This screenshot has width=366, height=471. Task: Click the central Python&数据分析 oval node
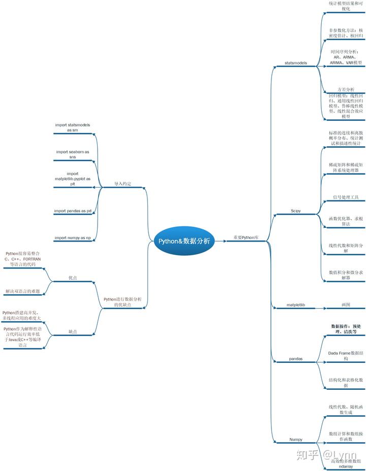pos(184,241)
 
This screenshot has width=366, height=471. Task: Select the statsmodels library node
pos(295,63)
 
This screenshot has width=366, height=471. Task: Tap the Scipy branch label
pos(295,211)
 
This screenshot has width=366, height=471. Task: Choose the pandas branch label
pos(295,358)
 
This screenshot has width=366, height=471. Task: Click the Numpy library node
pos(295,439)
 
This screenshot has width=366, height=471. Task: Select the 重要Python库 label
pos(246,237)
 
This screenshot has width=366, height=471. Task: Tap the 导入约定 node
pos(123,184)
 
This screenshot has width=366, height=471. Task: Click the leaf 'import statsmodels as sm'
pos(73,127)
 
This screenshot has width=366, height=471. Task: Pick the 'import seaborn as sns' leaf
pos(73,154)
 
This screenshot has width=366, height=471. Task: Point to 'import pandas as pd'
pos(73,211)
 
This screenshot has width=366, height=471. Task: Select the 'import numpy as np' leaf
pos(73,238)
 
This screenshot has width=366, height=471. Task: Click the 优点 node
pos(73,278)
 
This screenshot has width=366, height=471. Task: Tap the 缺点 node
pos(73,331)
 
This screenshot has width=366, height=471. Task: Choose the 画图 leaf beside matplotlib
pos(346,305)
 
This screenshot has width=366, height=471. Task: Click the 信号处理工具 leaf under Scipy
pos(346,197)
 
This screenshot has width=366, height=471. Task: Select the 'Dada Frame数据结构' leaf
pos(346,355)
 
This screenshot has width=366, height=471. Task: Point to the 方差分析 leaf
pos(346,89)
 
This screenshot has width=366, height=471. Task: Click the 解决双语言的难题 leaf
pos(23,291)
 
